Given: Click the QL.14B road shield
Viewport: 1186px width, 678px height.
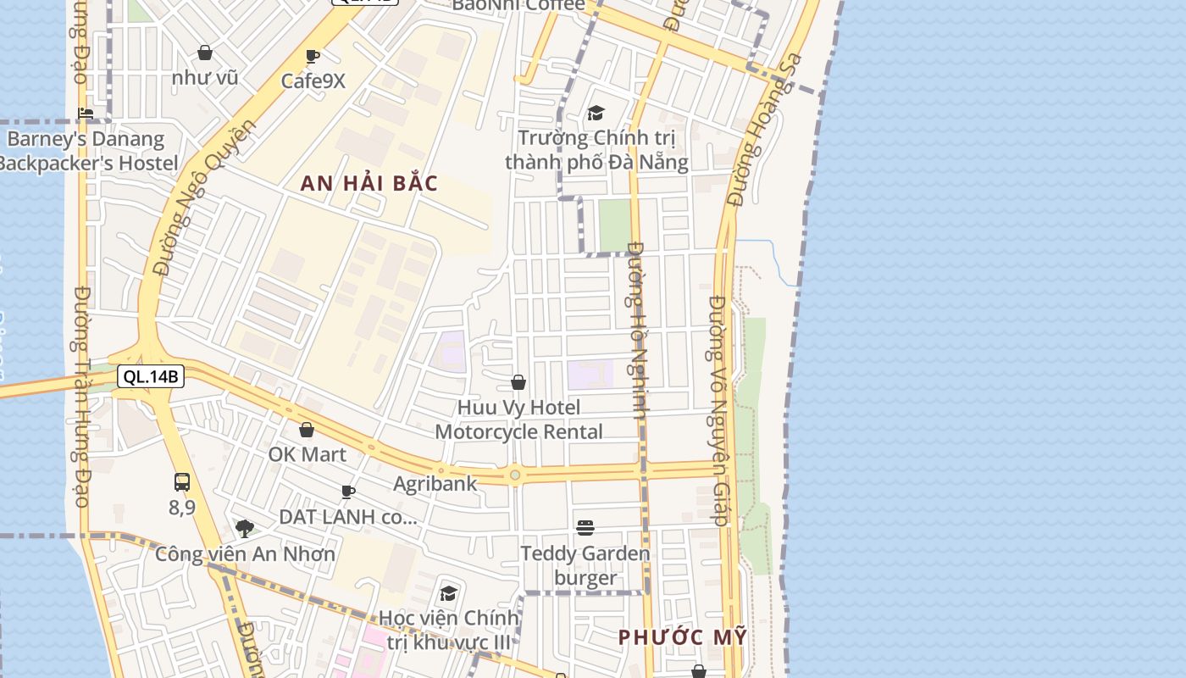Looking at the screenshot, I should tap(150, 376).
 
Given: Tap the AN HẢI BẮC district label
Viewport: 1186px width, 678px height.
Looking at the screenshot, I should tap(369, 183).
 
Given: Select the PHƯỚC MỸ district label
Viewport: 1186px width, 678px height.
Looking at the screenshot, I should tap(683, 636).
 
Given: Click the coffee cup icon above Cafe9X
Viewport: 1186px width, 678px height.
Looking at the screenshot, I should tap(313, 57).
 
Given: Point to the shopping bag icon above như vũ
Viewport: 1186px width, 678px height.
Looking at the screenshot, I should tap(205, 53).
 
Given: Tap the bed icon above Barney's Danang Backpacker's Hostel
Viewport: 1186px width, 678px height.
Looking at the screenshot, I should tap(86, 113).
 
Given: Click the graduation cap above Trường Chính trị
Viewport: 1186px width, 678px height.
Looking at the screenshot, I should tap(596, 113).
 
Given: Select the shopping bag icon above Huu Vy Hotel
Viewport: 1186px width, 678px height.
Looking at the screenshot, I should tap(518, 383).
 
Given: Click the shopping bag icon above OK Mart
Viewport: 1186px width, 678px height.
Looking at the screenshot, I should tap(307, 431).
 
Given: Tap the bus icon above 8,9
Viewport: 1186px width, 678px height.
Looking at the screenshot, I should tap(182, 482).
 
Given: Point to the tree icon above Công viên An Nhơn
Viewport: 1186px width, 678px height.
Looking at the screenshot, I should tap(245, 529).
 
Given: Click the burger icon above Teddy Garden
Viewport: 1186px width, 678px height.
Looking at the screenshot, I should tap(585, 528).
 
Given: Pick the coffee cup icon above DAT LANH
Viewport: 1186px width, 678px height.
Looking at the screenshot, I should tap(347, 492).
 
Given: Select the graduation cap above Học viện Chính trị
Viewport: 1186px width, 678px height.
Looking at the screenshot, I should tap(448, 592).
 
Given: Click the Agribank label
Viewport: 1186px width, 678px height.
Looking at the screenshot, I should tap(435, 484).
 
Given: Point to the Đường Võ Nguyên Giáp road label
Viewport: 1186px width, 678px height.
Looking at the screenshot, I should tap(719, 410).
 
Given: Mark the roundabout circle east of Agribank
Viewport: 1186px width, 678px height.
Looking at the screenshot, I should tap(515, 475).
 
